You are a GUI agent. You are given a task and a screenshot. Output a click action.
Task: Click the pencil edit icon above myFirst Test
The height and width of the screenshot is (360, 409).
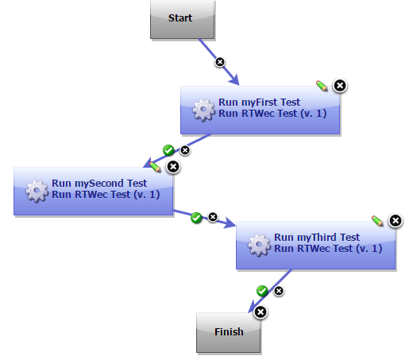coord(322,84)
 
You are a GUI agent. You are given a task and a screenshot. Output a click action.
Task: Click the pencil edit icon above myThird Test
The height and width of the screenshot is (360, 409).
coord(377,219)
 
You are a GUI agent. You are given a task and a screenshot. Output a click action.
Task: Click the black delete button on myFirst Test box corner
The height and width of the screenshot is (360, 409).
coord(339,86)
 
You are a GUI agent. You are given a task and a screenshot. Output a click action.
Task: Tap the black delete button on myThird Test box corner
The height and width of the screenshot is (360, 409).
coord(395,220)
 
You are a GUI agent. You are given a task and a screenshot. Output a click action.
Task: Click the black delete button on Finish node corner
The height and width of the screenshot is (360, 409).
coord(260,312)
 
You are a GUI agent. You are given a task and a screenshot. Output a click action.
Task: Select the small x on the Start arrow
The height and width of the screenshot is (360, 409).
coord(221,61)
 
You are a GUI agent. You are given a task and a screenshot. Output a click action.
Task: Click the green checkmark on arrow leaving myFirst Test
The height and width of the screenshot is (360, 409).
coord(168,149)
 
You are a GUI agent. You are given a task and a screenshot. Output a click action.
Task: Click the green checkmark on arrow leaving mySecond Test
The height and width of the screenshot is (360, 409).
coord(196,217)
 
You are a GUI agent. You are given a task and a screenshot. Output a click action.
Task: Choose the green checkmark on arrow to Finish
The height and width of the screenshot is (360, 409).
coord(263,291)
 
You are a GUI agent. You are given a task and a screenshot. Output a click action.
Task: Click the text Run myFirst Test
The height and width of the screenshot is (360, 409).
coord(259,103)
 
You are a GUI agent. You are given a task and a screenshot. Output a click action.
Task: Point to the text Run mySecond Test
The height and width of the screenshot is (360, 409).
coord(99,184)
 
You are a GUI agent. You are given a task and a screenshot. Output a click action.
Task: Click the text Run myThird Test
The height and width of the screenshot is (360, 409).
coord(317,237)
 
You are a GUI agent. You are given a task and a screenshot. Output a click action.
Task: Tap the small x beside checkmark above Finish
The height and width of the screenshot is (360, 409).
coord(279,292)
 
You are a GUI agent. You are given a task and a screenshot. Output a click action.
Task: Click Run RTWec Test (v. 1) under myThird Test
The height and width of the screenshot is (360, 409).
coord(328,248)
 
